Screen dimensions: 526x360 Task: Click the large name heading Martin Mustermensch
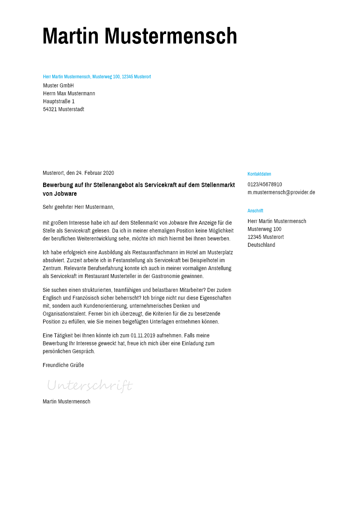[x=140, y=36]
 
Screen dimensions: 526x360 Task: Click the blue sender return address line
[x=97, y=77]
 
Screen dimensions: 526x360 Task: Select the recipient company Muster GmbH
[x=59, y=85]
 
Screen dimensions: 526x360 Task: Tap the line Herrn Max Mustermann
[x=69, y=93]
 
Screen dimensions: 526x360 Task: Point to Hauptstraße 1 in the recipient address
[x=59, y=101]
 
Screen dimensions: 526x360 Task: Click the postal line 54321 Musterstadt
[x=64, y=109]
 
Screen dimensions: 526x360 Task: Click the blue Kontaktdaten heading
[x=259, y=174]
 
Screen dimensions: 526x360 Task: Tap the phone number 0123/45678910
[x=265, y=184]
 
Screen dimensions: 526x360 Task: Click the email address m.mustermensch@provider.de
[x=281, y=192]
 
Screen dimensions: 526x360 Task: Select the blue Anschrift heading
[x=255, y=211]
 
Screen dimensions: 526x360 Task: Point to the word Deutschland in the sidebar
[x=261, y=245]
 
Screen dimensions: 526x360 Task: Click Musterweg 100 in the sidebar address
[x=264, y=229]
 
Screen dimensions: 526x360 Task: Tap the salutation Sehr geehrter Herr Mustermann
[x=78, y=207]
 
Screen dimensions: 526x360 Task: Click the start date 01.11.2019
[x=143, y=335]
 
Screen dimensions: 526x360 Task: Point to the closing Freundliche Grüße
[x=63, y=365]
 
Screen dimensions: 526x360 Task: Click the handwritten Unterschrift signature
[x=90, y=385]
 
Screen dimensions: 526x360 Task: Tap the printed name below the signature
[x=66, y=401]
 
